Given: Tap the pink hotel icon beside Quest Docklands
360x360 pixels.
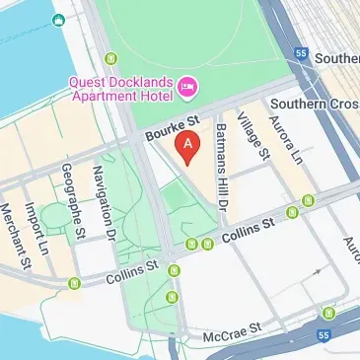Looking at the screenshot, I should (186, 90).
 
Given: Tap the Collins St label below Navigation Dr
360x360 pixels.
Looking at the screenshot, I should (138, 267).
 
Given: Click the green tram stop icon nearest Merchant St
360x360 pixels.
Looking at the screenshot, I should (75, 284).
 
